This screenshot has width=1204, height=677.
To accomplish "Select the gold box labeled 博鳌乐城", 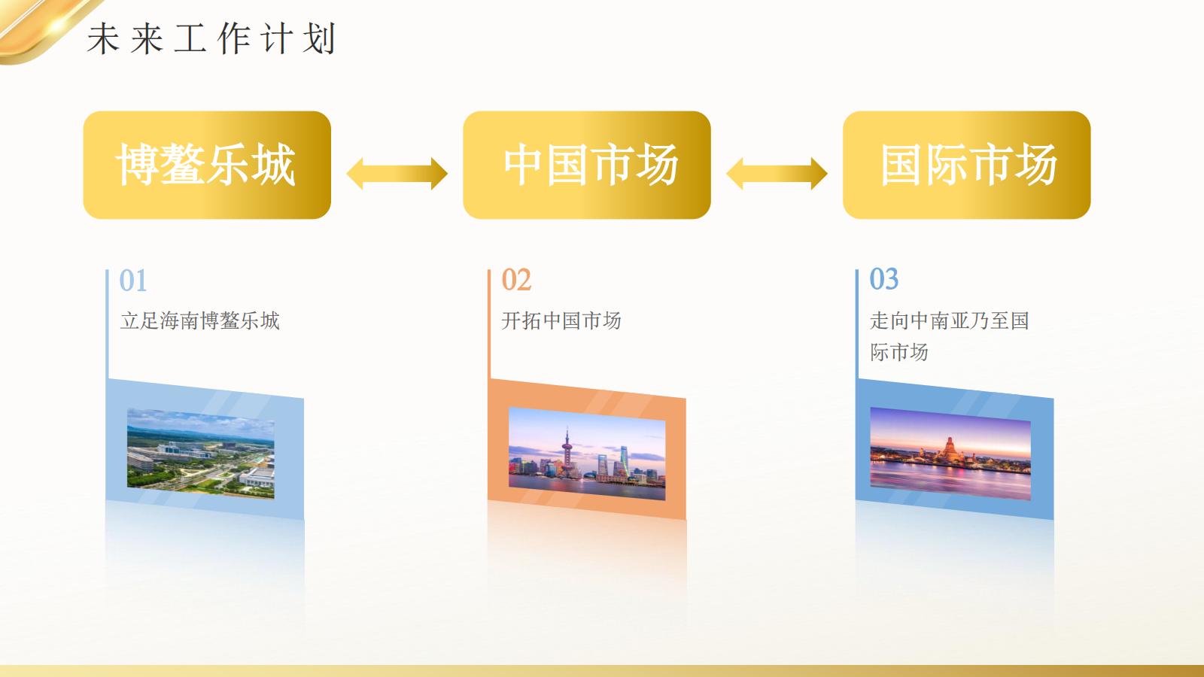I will (x=207, y=165).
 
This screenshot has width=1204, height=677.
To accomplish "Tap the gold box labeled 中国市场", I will (x=587, y=165).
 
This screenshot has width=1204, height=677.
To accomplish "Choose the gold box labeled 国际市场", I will (x=967, y=165).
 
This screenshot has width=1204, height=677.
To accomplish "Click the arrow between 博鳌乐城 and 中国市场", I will (x=397, y=174).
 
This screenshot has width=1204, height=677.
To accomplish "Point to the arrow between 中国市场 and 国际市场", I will (x=777, y=174).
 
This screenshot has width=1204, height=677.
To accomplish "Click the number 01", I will (x=133, y=281).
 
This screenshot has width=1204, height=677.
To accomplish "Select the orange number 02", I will (x=516, y=281).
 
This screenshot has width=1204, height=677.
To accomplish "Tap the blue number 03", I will (x=884, y=280).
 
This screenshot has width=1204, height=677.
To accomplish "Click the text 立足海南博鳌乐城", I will (x=200, y=321).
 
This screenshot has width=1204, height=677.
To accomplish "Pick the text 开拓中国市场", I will (x=561, y=321).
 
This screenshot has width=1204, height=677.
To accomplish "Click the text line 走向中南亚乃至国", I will (x=950, y=321).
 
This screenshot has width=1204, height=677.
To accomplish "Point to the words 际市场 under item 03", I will (x=899, y=352).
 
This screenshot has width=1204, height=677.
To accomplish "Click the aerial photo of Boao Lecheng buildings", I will (x=200, y=453).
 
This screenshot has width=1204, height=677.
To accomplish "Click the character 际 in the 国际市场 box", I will (x=947, y=165).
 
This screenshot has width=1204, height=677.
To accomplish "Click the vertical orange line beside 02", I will (x=489, y=323).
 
